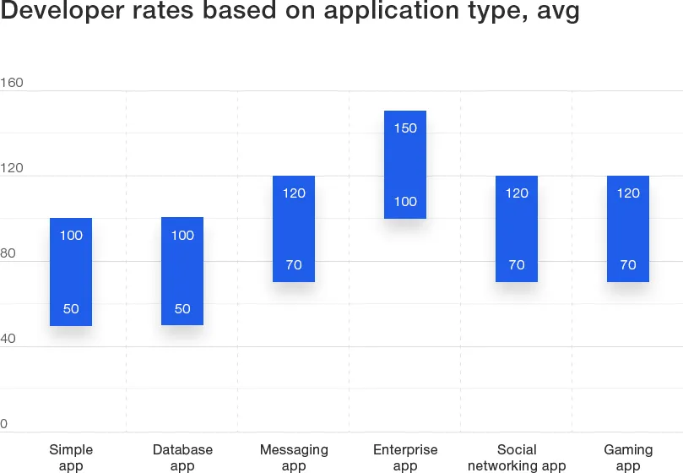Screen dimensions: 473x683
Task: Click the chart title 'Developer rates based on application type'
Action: (x=290, y=14)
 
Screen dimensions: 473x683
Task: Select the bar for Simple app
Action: (x=71, y=271)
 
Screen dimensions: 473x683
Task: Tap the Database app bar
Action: (x=182, y=271)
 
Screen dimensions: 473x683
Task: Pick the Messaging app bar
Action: (x=294, y=228)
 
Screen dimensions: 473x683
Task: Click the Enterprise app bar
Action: (x=405, y=165)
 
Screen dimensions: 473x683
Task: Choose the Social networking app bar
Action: (x=517, y=228)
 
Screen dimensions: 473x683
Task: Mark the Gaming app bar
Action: (x=628, y=228)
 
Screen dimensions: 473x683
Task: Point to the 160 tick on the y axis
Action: (x=12, y=83)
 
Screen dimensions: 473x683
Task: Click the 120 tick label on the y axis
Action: (x=12, y=168)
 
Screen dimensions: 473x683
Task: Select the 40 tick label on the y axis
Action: (x=8, y=339)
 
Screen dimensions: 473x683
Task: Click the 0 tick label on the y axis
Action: (x=4, y=424)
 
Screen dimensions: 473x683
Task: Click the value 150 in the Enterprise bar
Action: (x=405, y=128)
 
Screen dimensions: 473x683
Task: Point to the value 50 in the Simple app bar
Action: (x=71, y=309)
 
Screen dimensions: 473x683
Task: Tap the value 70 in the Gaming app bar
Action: (x=628, y=265)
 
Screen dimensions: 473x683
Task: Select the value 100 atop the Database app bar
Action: (x=182, y=236)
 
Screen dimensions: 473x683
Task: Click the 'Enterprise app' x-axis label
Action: (x=405, y=458)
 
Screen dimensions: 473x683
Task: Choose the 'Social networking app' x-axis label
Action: (x=517, y=458)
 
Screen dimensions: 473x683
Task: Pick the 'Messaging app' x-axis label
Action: (x=294, y=458)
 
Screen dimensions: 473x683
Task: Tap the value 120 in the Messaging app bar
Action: (x=294, y=193)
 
